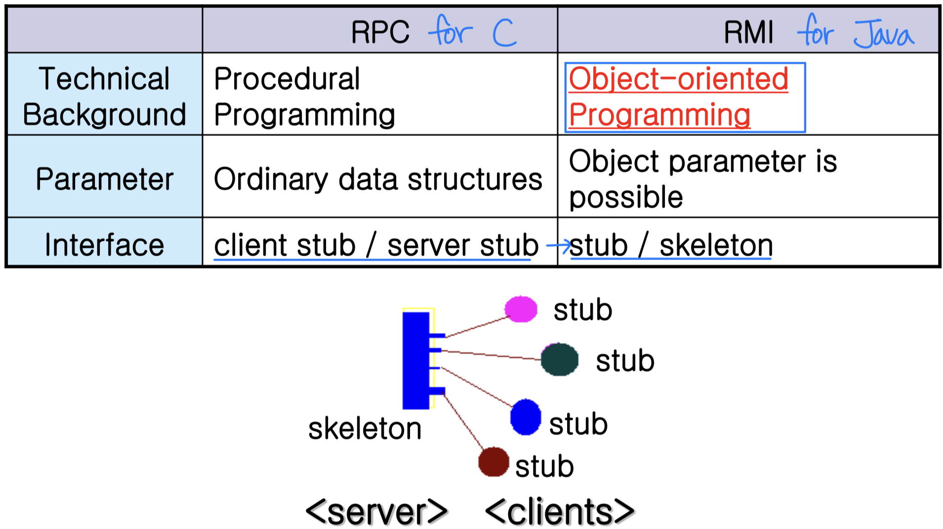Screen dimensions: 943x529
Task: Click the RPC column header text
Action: (x=380, y=33)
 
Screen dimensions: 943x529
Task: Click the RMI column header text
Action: (x=748, y=33)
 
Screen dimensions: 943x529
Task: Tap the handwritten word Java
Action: (x=884, y=34)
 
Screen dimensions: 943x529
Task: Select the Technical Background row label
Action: (x=104, y=96)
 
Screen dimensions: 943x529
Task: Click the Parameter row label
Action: (x=104, y=178)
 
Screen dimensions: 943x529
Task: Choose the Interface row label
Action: (x=104, y=245)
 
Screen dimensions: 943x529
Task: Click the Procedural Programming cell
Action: (x=304, y=96)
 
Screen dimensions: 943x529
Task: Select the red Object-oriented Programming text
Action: (x=678, y=96)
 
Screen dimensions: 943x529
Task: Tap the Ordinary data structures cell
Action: (x=378, y=178)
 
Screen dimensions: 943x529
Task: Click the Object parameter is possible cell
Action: (x=703, y=178)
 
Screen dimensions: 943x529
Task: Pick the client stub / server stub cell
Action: (x=376, y=245)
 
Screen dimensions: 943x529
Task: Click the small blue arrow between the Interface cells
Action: (x=558, y=244)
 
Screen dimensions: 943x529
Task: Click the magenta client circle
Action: (x=521, y=309)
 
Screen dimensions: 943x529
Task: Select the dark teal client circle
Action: (x=560, y=359)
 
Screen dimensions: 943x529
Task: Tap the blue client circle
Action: (x=526, y=417)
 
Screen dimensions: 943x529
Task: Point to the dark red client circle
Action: (x=493, y=462)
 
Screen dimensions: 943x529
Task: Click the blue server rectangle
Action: (x=416, y=360)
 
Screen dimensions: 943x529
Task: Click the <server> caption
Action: (x=376, y=512)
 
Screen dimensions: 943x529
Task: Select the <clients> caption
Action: (x=560, y=512)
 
